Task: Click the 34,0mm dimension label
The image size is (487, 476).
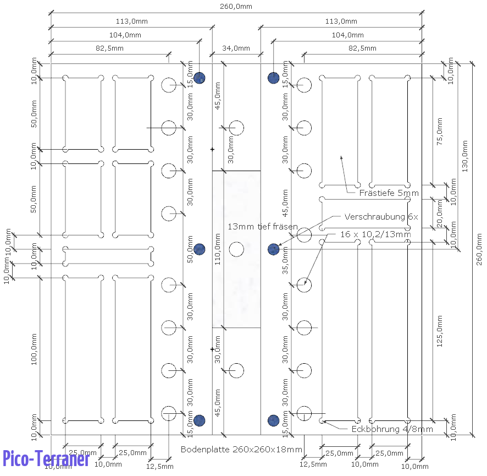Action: click(236, 48)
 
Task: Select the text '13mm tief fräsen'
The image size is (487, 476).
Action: click(263, 227)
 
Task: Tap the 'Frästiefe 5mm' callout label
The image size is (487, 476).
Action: click(389, 193)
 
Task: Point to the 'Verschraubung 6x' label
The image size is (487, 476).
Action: click(381, 217)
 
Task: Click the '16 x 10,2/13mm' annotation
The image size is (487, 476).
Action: click(375, 234)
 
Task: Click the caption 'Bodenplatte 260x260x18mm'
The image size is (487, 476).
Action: click(241, 450)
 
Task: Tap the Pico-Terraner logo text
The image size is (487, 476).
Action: click(46, 458)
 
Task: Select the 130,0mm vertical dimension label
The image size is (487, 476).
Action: click(464, 157)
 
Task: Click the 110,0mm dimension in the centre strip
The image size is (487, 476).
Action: click(218, 249)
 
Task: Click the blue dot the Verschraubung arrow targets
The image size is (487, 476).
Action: click(273, 250)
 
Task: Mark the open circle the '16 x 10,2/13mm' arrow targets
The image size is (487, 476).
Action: click(304, 285)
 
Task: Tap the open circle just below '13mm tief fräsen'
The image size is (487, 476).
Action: click(236, 249)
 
